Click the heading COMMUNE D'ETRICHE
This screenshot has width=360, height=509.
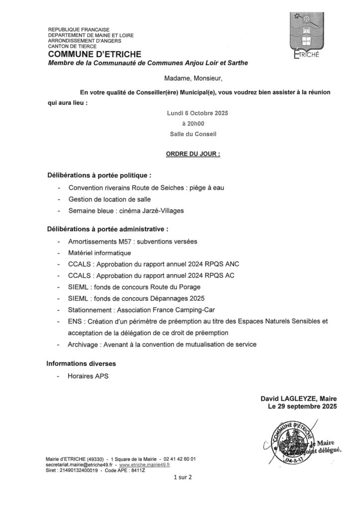click(94, 54)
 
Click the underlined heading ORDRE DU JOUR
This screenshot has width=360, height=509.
click(193, 155)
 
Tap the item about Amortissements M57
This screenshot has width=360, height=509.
click(133, 241)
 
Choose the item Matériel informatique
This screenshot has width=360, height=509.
click(100, 253)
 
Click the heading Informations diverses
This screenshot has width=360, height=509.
click(82, 363)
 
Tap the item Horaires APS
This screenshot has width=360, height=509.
click(88, 376)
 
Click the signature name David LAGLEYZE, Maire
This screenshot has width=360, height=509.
click(298, 398)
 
